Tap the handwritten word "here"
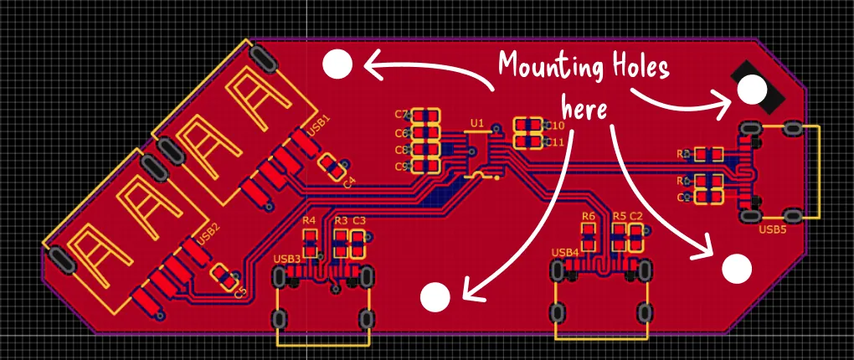coord(584,108)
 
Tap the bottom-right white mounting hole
coord(737,268)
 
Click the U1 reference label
coord(476,124)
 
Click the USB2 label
coord(208,233)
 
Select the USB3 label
coord(287,259)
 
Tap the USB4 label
coord(565,253)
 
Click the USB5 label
coord(772,229)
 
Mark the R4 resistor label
coord(309,220)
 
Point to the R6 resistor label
coord(589,217)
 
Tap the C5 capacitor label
coord(240,292)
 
